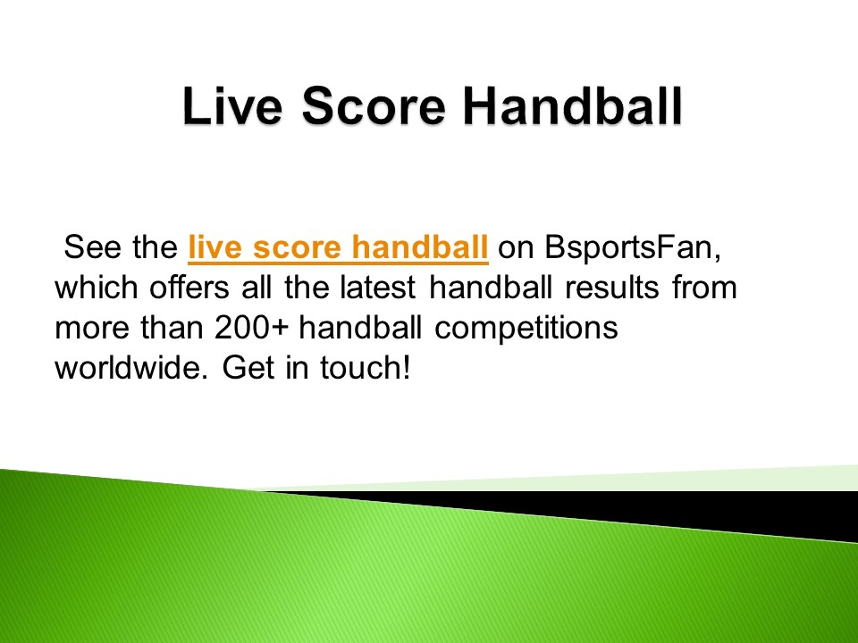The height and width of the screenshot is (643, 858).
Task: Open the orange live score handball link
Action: [x=338, y=247]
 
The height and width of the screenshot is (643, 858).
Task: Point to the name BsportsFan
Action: [x=631, y=247]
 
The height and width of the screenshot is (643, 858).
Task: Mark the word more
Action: [x=88, y=328]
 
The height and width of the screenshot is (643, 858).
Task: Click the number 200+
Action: [x=253, y=328]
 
